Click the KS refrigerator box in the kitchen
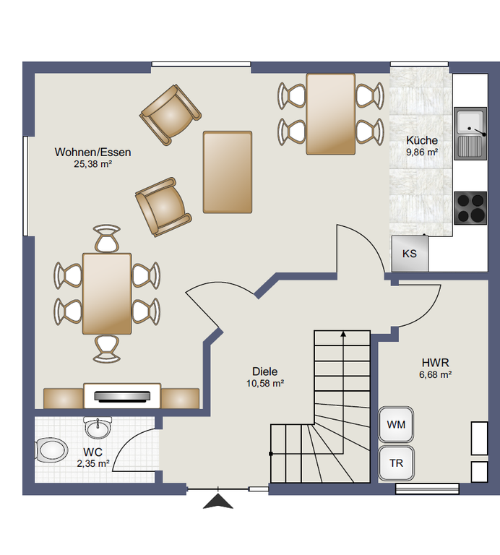coord(410,254)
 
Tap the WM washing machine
coord(396,424)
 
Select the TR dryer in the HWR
coord(396,463)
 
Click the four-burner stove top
coord(470,208)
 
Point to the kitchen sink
coord(470,134)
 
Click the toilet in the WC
coord(52,451)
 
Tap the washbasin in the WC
coord(98,428)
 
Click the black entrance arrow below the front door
coord(218,502)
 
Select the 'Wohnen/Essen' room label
coord(92,152)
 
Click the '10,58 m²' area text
coord(265,383)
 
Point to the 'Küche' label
coord(422,140)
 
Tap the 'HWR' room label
coord(435,363)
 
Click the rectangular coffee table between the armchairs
coord(228,172)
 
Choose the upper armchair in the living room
coord(171,115)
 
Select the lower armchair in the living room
coord(163,207)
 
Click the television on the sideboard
coord(122,396)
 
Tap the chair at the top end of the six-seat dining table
coord(107,238)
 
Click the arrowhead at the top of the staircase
coord(343,334)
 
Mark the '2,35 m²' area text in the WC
coord(93,463)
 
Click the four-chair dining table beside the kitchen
coord(331,114)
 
